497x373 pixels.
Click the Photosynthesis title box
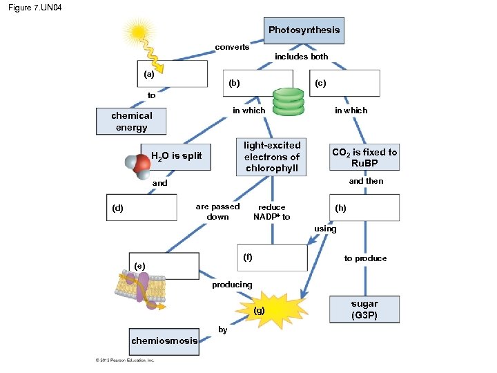pyautogui.click(x=304, y=30)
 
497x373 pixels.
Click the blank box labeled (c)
pyautogui.click(x=345, y=83)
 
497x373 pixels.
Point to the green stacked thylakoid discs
pyautogui.click(x=288, y=102)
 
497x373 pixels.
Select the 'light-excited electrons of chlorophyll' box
pyautogui.click(x=272, y=157)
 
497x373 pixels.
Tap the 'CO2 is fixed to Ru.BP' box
pyautogui.click(x=364, y=158)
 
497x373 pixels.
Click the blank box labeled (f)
pyautogui.click(x=272, y=258)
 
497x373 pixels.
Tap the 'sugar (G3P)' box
pyautogui.click(x=364, y=309)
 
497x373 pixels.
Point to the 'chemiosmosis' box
pyautogui.click(x=164, y=341)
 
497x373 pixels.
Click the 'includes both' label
pyautogui.click(x=302, y=57)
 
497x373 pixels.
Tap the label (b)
pyautogui.click(x=234, y=83)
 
